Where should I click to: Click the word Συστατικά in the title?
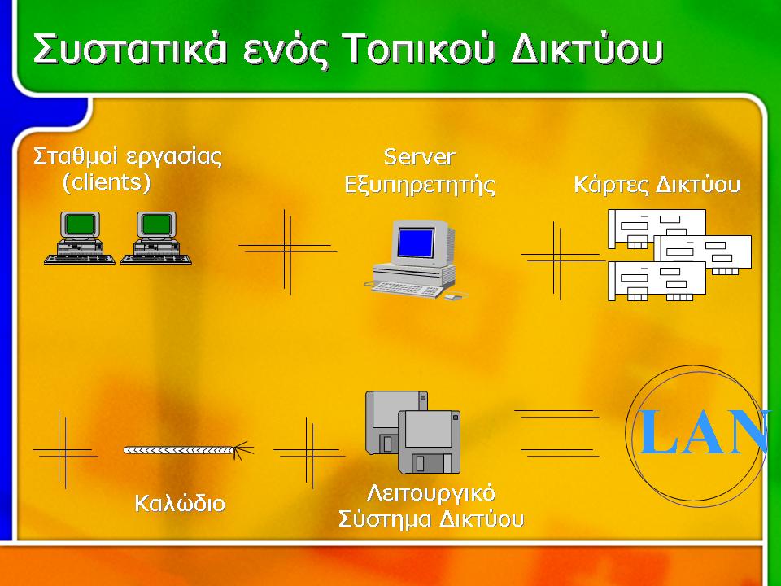(x=130, y=50)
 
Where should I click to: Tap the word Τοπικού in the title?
(x=420, y=50)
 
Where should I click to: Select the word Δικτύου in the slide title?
(x=587, y=50)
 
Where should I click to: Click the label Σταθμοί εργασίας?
(x=128, y=156)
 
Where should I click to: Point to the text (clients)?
(x=107, y=182)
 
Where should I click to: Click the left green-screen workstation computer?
(x=80, y=238)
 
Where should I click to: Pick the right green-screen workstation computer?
(x=156, y=238)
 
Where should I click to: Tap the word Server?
(x=420, y=157)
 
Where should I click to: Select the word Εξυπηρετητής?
(x=420, y=185)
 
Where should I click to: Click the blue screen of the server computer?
(x=416, y=243)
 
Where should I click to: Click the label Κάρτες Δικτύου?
(x=657, y=184)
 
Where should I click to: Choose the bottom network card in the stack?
(x=657, y=281)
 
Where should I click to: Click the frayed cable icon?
(x=188, y=450)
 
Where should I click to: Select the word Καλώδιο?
(x=180, y=503)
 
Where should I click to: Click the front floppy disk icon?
(x=430, y=442)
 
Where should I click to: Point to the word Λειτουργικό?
(x=431, y=493)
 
